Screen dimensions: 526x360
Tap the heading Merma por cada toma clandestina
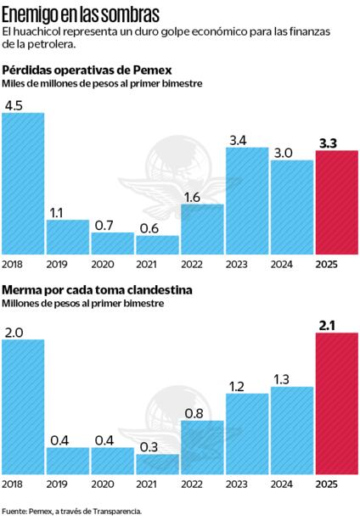pyautogui.click(x=97, y=289)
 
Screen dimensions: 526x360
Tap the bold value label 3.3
pyautogui.click(x=328, y=143)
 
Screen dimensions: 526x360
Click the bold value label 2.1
pyautogui.click(x=328, y=324)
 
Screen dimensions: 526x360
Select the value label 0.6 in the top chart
pyautogui.click(x=157, y=227)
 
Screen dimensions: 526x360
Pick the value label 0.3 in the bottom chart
pyautogui.click(x=157, y=445)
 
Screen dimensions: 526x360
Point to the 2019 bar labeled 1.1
pyautogui.click(x=67, y=238)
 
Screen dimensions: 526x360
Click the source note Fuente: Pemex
pyautogui.click(x=71, y=512)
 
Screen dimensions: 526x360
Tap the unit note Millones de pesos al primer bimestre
pyautogui.click(x=82, y=303)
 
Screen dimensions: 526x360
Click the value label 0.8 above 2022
pyautogui.click(x=193, y=412)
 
